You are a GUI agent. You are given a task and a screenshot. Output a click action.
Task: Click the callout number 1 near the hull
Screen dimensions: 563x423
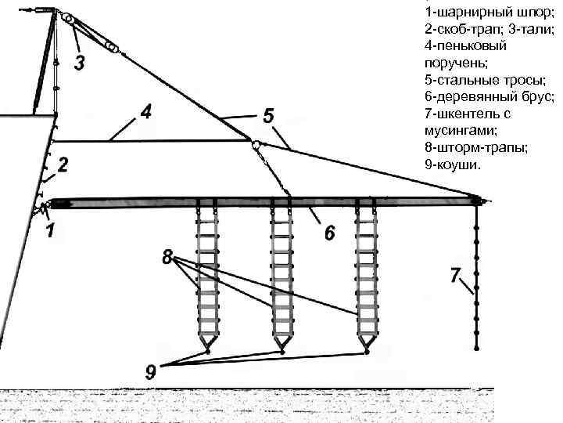pos(49,233)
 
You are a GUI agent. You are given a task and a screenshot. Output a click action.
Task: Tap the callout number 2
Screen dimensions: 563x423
pos(63,166)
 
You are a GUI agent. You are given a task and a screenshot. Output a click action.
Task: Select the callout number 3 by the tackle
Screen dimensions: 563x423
pos(81,62)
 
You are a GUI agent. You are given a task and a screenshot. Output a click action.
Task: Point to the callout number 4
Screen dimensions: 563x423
pos(145,112)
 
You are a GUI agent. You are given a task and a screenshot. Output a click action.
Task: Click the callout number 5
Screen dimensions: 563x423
pos(268,116)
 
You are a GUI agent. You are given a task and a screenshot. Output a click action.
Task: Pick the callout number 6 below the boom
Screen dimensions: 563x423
pos(329,233)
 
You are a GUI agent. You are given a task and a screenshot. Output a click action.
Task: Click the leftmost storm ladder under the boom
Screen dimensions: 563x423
pos(207,274)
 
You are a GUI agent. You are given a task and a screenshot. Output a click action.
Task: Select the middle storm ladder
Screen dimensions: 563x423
pos(282,274)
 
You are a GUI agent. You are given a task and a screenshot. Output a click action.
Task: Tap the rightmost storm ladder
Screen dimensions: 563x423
pos(366,274)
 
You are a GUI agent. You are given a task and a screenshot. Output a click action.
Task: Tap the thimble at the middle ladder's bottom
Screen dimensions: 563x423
pos(281,351)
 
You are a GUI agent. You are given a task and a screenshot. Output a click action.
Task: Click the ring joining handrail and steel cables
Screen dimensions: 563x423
pos(255,143)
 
